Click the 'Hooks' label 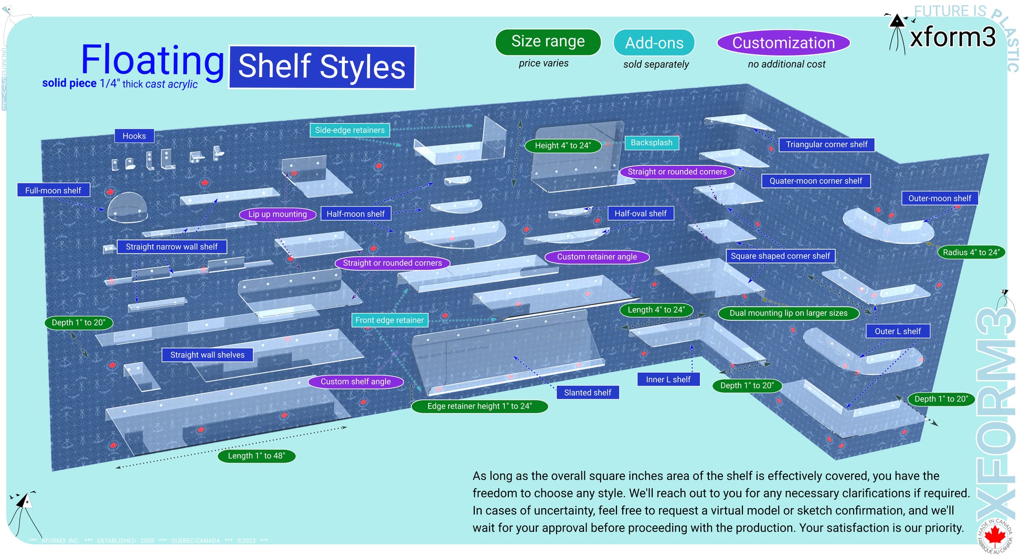point(134,136)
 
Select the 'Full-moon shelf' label point(53,190)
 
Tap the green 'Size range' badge point(548,41)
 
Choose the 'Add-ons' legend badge point(654,43)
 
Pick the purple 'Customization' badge point(783,43)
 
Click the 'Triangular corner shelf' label point(826,144)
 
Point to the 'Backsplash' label point(651,143)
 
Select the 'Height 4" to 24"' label point(562,145)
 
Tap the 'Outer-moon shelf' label point(939,198)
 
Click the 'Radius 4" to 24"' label point(971,252)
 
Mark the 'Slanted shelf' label point(587,392)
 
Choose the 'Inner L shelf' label point(668,379)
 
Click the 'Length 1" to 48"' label point(256,456)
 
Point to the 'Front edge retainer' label point(389,320)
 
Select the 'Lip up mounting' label point(277,214)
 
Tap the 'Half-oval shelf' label point(640,213)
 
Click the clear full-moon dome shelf point(127,207)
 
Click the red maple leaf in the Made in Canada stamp point(994,535)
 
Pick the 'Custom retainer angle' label point(597,256)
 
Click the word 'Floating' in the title point(153,60)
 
